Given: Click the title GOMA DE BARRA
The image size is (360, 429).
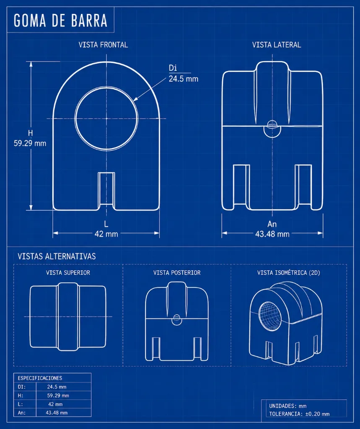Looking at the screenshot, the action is [x=60, y=21].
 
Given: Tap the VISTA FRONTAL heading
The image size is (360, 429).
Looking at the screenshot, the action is [x=103, y=45].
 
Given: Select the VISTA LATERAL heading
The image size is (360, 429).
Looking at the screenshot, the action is [x=277, y=45].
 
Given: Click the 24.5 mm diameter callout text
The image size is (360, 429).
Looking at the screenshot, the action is [x=184, y=79].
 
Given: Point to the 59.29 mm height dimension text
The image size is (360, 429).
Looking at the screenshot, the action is [x=30, y=143].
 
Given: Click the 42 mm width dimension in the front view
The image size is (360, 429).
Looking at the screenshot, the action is [x=106, y=234].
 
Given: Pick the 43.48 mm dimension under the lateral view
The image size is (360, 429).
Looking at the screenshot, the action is [x=272, y=234].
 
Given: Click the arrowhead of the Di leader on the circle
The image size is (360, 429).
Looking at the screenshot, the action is [x=135, y=100].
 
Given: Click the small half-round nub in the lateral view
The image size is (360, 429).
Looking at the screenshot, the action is [x=272, y=129].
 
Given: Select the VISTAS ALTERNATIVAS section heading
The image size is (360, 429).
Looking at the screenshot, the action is [x=57, y=256].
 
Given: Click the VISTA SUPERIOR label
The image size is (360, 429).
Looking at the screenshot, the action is [x=68, y=273].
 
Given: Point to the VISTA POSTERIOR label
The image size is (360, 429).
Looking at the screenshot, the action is [x=177, y=273].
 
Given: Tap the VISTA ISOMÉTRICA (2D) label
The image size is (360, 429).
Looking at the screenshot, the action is [x=289, y=273].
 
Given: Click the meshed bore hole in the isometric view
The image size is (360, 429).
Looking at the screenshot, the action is [x=270, y=316].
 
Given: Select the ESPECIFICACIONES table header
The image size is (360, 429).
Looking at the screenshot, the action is [x=40, y=378].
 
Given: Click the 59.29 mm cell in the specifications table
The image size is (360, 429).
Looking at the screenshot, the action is [x=58, y=395].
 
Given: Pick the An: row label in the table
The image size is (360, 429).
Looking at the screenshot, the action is [x=22, y=413].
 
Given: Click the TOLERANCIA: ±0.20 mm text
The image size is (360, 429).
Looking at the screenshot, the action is [x=299, y=414].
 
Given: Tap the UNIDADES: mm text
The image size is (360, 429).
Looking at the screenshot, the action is [x=288, y=406].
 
